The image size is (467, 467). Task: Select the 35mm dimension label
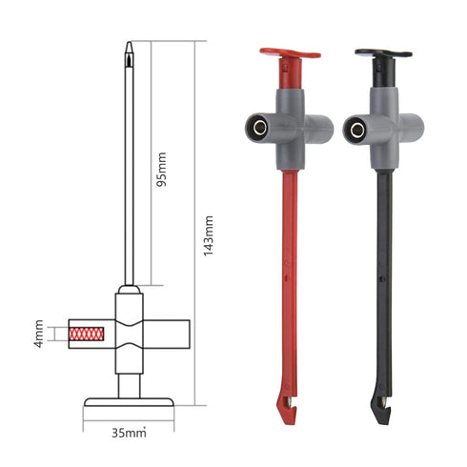click(x=128, y=434)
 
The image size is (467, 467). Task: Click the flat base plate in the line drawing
click(x=129, y=401)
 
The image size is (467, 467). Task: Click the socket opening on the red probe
click(x=256, y=126)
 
